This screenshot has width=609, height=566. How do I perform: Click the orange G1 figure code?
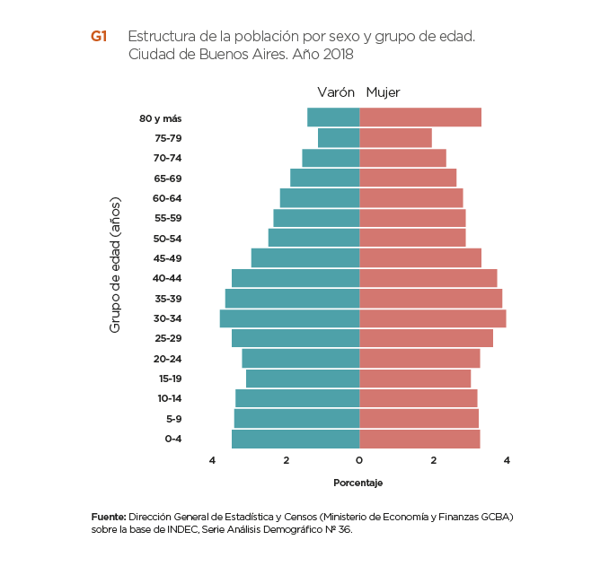click(99, 37)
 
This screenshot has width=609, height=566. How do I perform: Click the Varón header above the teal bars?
click(336, 92)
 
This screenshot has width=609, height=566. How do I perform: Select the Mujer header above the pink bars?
click(384, 92)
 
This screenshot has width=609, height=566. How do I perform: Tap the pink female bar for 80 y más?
click(419, 118)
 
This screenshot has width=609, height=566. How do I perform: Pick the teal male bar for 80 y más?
click(333, 118)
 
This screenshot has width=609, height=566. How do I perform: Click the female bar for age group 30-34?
click(432, 318)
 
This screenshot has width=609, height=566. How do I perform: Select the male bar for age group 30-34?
click(289, 318)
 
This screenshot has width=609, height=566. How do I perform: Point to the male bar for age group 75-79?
click(339, 138)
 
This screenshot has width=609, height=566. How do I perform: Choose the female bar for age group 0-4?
click(419, 439)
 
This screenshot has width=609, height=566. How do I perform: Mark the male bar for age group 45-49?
click(305, 258)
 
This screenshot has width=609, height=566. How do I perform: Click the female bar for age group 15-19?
click(415, 379)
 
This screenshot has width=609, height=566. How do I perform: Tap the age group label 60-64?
click(168, 198)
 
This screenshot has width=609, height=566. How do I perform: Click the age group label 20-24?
click(168, 359)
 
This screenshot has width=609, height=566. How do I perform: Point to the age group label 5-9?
click(172, 419)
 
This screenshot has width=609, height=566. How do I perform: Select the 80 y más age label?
click(161, 118)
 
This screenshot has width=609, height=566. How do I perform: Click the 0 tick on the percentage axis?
click(359, 461)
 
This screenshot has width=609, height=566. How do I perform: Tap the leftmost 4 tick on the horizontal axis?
click(213, 461)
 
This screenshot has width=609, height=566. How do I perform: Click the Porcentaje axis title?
click(358, 483)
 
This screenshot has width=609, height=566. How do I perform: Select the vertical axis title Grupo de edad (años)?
click(115, 265)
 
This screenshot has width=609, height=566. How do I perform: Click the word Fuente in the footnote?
click(108, 518)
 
